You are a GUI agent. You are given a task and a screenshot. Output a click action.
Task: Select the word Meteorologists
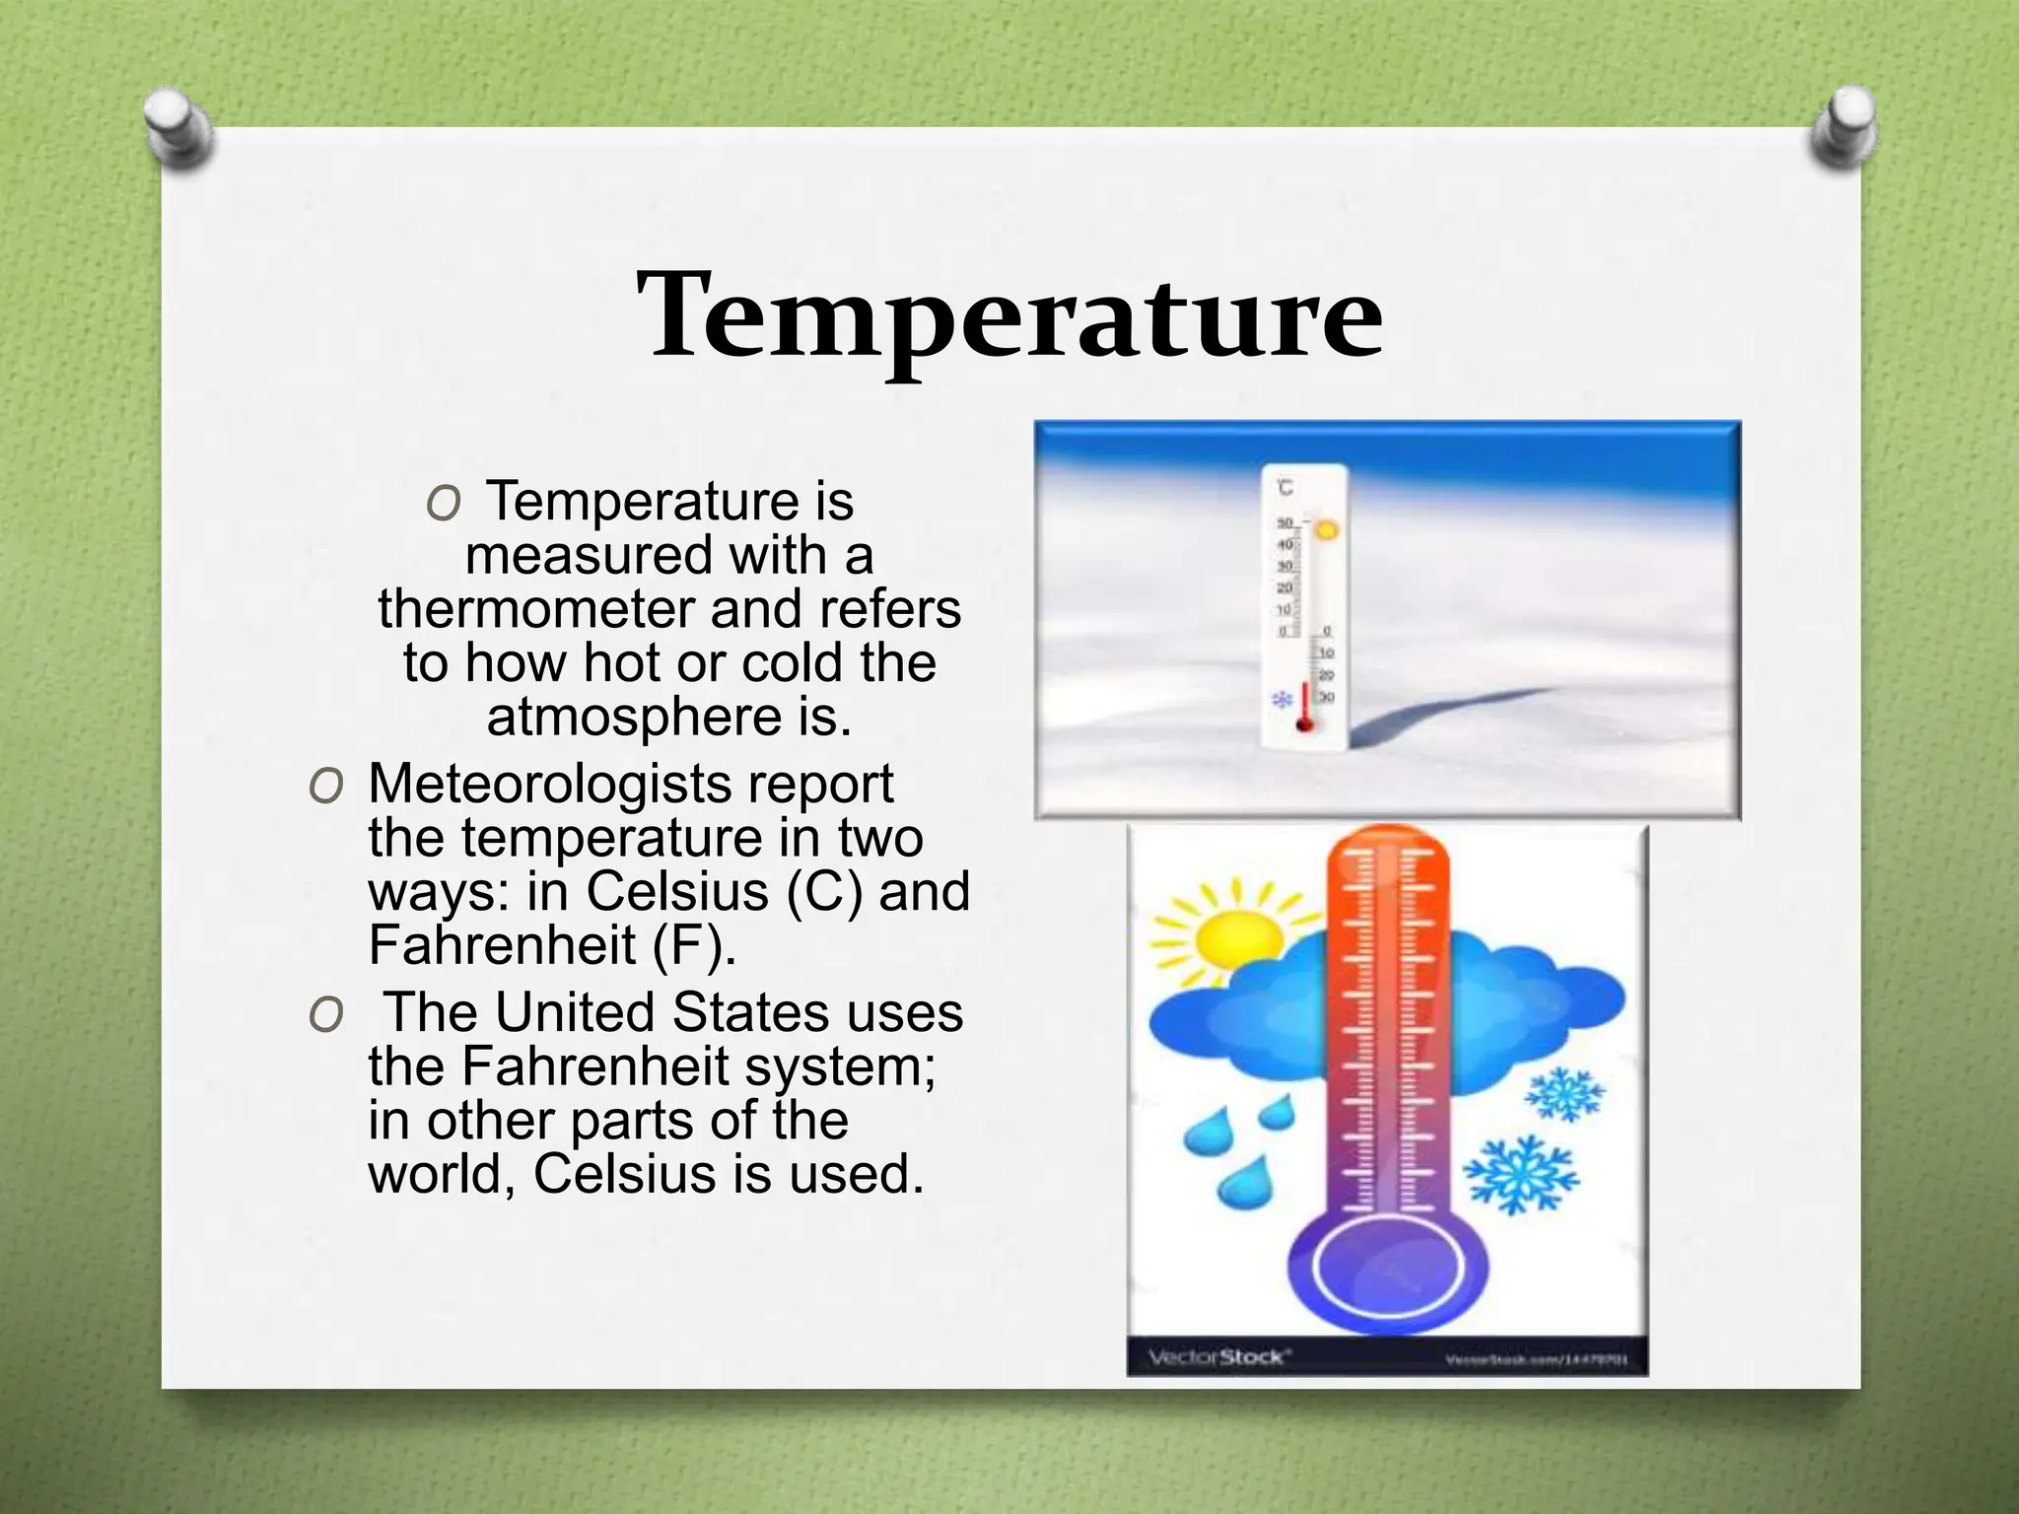pos(550,786)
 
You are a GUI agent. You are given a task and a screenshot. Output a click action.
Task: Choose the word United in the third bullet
pos(575,1012)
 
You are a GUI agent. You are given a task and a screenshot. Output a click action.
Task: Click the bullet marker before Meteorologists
pos(325,787)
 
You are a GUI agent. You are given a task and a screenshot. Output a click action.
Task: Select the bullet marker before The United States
pos(325,1014)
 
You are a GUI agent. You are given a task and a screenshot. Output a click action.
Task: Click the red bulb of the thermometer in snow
pos(1305,724)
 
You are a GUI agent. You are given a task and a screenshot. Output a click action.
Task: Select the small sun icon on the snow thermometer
pos(1327,530)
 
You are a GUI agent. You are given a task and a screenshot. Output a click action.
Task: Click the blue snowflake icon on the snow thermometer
pos(1282,700)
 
